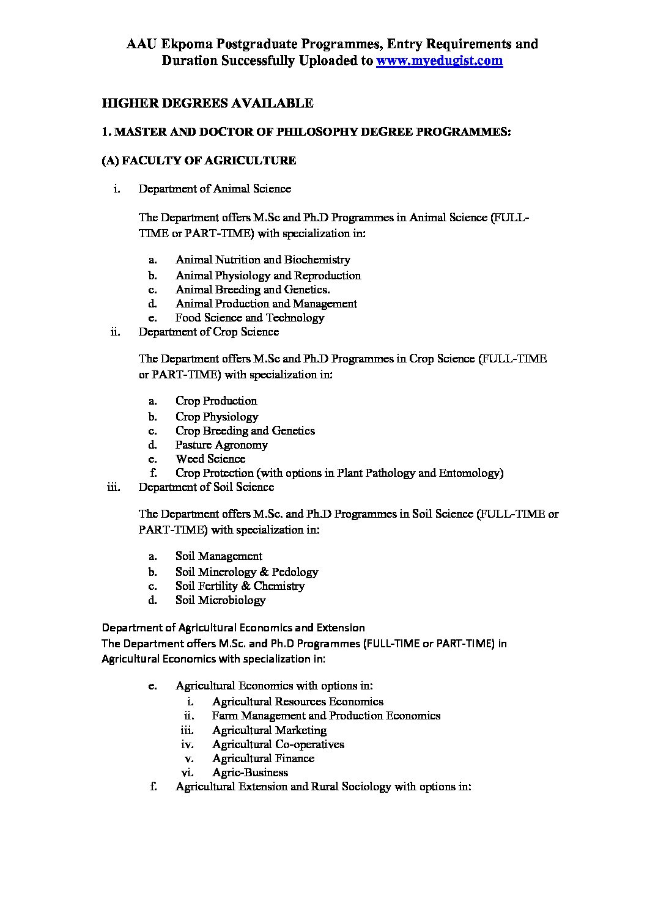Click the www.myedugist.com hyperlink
pyautogui.click(x=439, y=61)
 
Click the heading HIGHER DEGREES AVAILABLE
pyautogui.click(x=207, y=103)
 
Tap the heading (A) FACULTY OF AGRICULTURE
pyautogui.click(x=199, y=161)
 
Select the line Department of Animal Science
pyautogui.click(x=215, y=188)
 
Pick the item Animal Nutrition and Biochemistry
pyautogui.click(x=262, y=260)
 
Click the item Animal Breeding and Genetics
pyautogui.click(x=253, y=290)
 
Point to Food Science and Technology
pyautogui.click(x=250, y=318)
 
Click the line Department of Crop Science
pyautogui.click(x=209, y=332)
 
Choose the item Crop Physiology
pyautogui.click(x=216, y=417)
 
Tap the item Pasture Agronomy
pyautogui.click(x=221, y=445)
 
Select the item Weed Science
pyautogui.click(x=210, y=459)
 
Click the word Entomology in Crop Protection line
pyautogui.click(x=471, y=473)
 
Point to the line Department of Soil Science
pyautogui.click(x=206, y=487)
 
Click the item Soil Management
pyautogui.click(x=218, y=556)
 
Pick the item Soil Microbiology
pyautogui.click(x=220, y=600)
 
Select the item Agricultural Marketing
pyautogui.click(x=269, y=730)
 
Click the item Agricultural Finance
pyautogui.click(x=263, y=759)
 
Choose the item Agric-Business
pyautogui.click(x=250, y=773)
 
